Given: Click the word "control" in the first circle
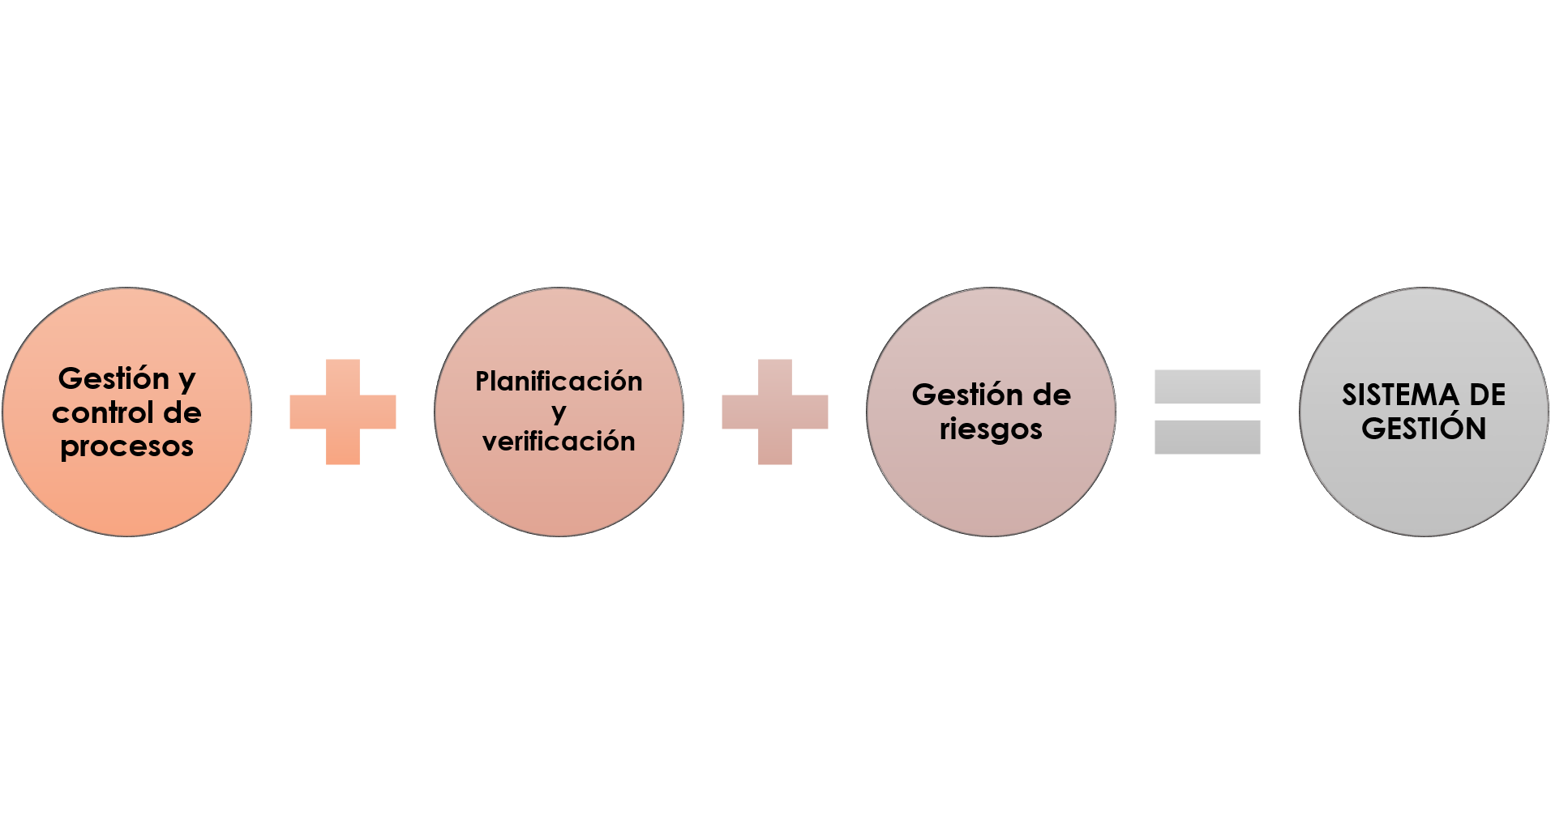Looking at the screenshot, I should click(x=103, y=412).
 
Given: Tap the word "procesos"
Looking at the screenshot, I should click(x=127, y=446).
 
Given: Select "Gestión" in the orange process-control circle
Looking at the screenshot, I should click(x=114, y=378).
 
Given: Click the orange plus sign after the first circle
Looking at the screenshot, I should click(x=343, y=412).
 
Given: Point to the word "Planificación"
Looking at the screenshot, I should click(x=559, y=381).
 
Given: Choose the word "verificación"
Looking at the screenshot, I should click(x=559, y=442).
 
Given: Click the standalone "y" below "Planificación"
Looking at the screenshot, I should click(x=559, y=413).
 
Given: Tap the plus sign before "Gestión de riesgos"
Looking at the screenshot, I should click(x=775, y=412).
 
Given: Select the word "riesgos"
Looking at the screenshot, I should click(x=991, y=429).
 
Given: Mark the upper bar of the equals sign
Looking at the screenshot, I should click(x=1207, y=386).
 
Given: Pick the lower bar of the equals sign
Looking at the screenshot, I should click(x=1207, y=437).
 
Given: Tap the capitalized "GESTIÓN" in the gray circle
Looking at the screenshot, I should click(x=1424, y=429).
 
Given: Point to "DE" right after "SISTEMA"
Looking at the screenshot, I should click(x=1487, y=395).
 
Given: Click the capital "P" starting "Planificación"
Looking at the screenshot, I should click(x=483, y=381).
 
